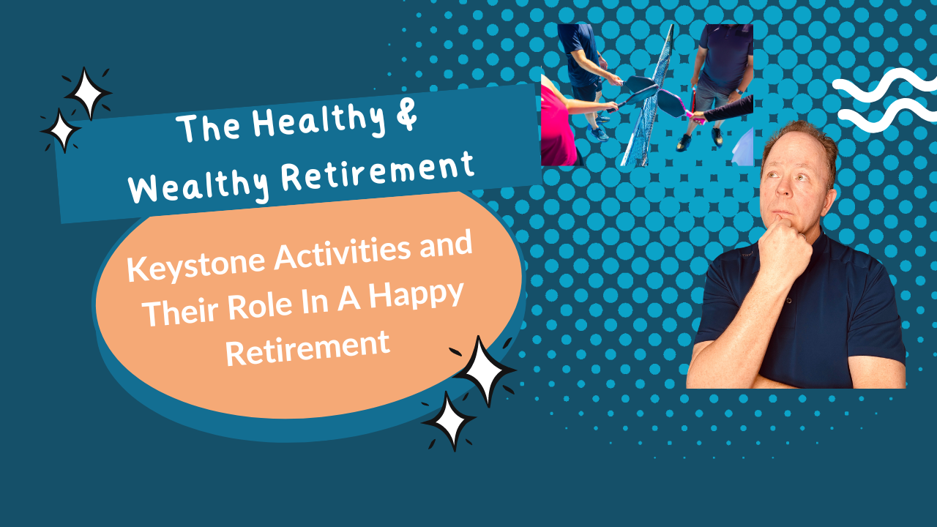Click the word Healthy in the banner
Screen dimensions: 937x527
pyautogui.click(x=318, y=120)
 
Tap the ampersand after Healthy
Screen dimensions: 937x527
pyautogui.click(x=405, y=113)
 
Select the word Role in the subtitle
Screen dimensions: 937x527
pyautogui.click(x=259, y=307)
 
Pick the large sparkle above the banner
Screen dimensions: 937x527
pyautogui.click(x=88, y=93)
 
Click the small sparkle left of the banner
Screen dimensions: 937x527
pyautogui.click(x=61, y=130)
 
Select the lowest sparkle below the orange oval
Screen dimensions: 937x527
pyautogui.click(x=449, y=420)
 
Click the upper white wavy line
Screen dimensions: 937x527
pyautogui.click(x=885, y=86)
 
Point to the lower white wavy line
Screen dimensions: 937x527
pyautogui.click(x=887, y=116)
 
